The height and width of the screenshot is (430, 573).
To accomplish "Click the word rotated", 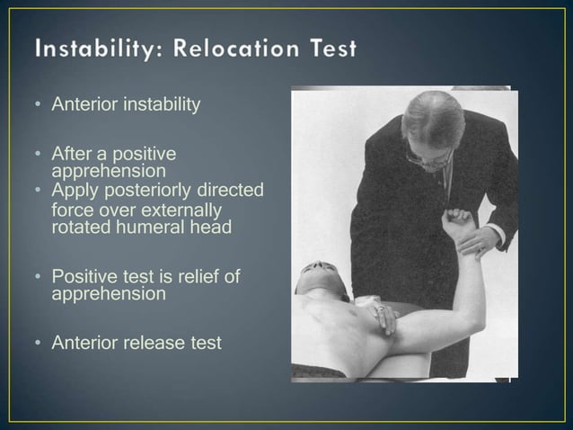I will [77, 227].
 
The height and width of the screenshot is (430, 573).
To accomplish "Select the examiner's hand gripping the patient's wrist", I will [486, 239].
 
